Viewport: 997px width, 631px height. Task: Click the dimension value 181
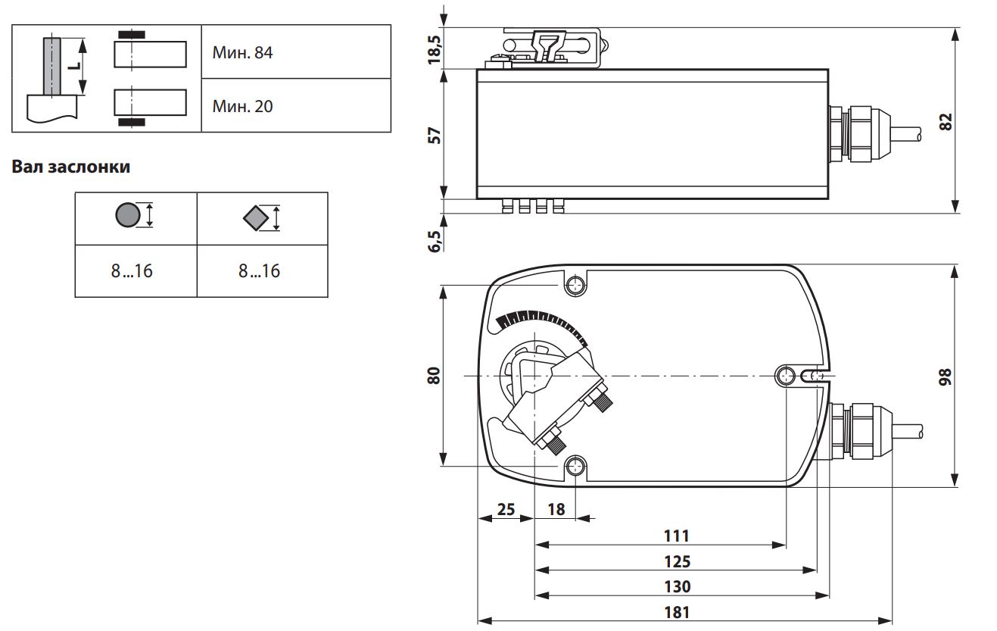click(677, 613)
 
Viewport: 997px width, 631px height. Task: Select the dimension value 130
click(677, 587)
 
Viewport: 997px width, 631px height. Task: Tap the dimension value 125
click(677, 562)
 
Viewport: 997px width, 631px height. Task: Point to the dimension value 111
click(677, 536)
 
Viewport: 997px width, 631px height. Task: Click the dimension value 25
click(506, 510)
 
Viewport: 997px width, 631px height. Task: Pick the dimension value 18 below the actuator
click(556, 510)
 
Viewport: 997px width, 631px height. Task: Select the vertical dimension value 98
click(946, 376)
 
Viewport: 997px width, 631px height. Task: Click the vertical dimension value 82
click(946, 122)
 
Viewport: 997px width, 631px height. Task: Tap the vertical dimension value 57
click(434, 136)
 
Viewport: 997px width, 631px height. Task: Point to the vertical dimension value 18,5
click(435, 50)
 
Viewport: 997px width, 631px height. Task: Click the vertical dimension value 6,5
click(435, 242)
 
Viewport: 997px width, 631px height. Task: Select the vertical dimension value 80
click(434, 376)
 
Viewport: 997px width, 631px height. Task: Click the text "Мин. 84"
click(242, 52)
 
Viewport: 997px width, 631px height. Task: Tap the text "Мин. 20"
click(242, 106)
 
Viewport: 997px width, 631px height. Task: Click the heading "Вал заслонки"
click(71, 167)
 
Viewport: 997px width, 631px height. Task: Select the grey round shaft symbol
click(128, 215)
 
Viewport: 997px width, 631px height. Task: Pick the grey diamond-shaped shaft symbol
click(256, 217)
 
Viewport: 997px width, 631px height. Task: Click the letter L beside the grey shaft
click(76, 66)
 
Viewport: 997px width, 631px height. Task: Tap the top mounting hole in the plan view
click(575, 285)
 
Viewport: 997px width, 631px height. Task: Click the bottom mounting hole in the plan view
click(575, 466)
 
